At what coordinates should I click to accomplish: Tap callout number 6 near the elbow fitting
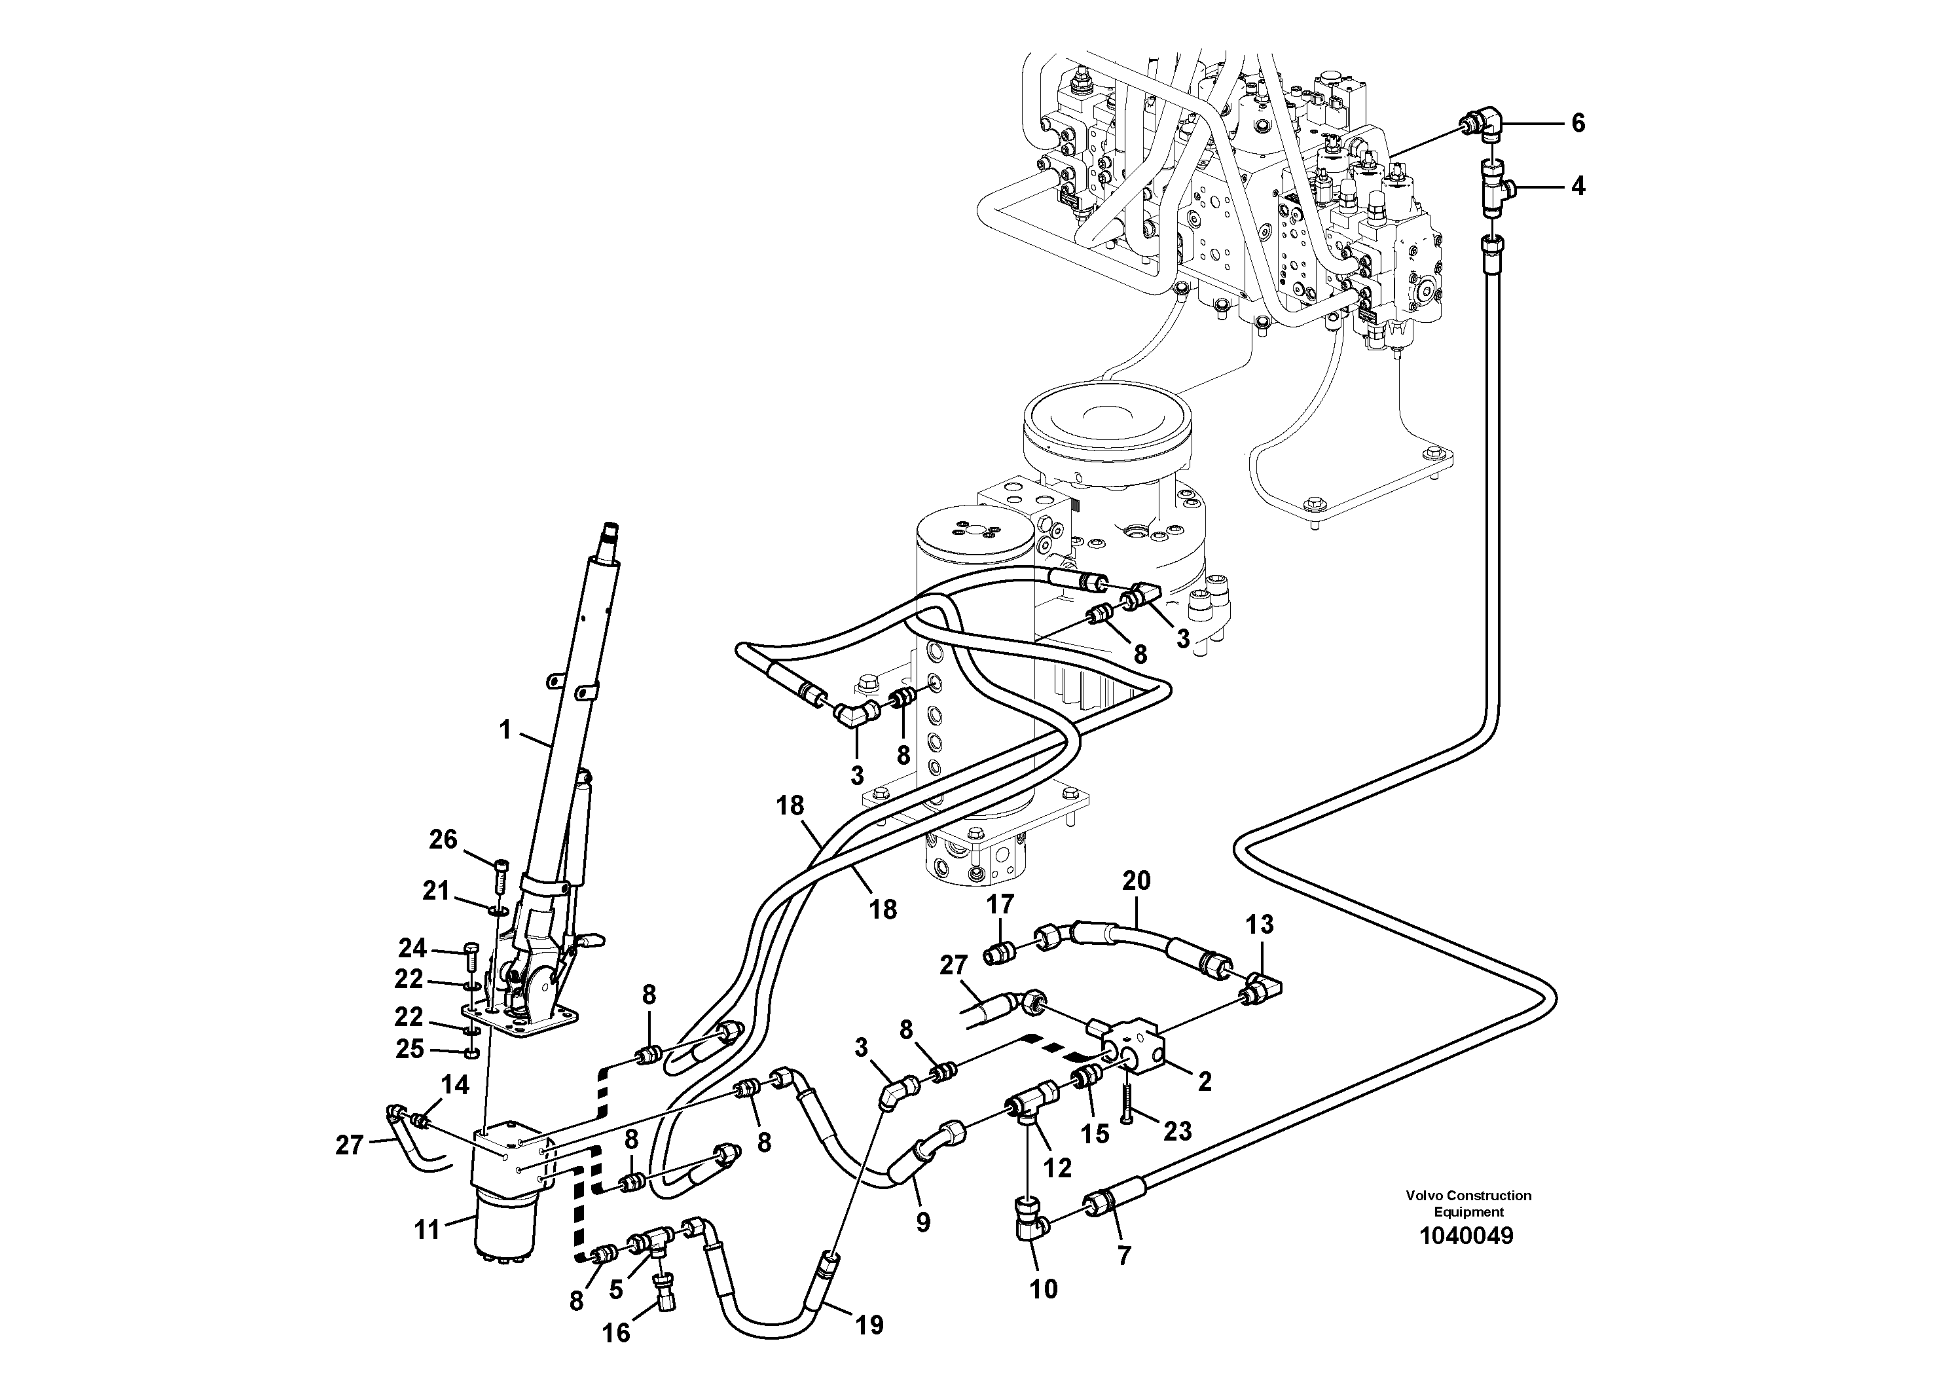click(1578, 124)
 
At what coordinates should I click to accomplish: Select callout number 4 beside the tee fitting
click(1578, 187)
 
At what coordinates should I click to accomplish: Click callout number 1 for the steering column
click(505, 729)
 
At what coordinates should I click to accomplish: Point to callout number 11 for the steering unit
click(427, 1229)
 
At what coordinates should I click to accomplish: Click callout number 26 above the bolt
click(443, 839)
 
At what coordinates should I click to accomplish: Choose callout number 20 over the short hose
click(1136, 881)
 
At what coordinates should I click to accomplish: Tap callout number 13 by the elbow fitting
click(1260, 924)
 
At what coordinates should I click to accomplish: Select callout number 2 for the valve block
click(1204, 1082)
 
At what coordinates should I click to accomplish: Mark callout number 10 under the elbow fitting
click(1044, 1289)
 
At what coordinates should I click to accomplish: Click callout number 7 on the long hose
click(1124, 1256)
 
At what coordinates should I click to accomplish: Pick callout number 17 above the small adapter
click(1000, 905)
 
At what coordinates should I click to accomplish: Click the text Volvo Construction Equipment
click(1468, 1204)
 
